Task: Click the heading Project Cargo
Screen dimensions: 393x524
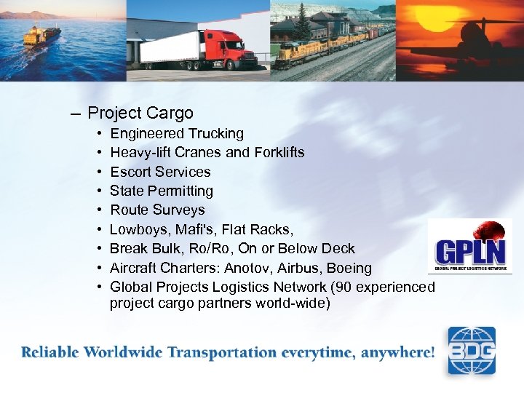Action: click(140, 113)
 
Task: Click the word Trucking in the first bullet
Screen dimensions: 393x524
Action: click(218, 134)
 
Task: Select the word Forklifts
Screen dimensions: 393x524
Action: click(279, 153)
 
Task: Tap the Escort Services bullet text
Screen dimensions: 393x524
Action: click(160, 172)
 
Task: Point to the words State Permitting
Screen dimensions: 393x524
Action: click(162, 191)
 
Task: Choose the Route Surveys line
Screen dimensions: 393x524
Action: click(157, 210)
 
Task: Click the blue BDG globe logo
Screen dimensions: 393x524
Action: click(471, 350)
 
